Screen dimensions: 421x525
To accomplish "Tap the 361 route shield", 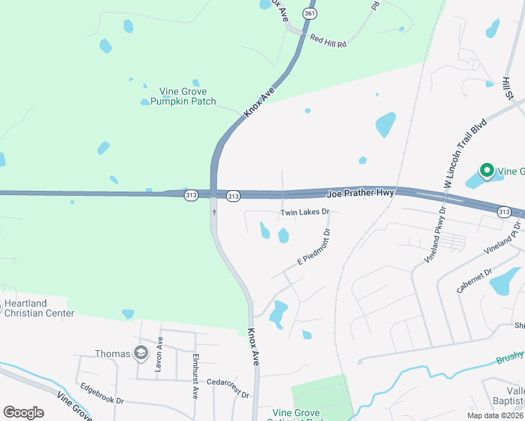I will [309, 13].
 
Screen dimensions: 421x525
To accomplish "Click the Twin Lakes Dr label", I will [305, 212].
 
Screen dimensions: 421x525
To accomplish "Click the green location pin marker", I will [486, 170].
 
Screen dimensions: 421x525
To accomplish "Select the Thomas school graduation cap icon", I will [142, 353].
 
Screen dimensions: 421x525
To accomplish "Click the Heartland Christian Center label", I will [39, 308].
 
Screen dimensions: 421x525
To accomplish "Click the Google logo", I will [23, 413].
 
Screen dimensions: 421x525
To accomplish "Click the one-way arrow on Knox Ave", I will [214, 210].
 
